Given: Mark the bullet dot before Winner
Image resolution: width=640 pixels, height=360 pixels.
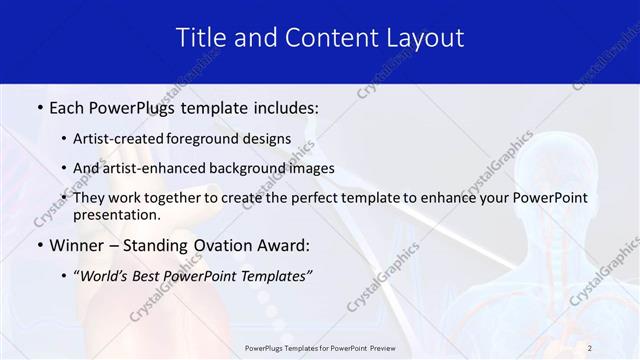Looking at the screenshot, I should (38, 245).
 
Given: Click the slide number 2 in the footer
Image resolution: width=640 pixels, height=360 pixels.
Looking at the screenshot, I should (590, 348).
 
